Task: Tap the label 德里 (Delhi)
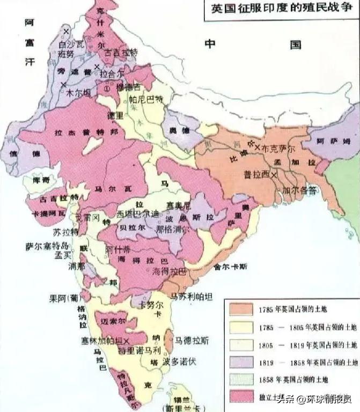pos(115,115)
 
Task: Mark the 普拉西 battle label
pos(255,173)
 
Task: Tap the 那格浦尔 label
pos(165,229)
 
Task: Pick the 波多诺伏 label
pos(180,362)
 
